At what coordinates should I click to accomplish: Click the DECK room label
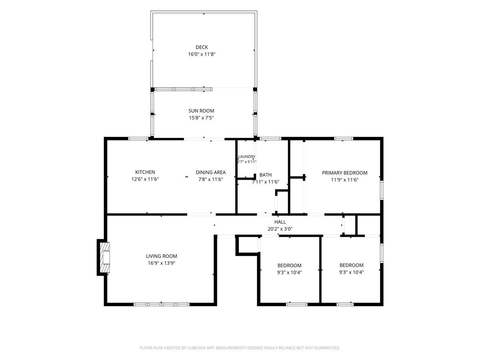202,47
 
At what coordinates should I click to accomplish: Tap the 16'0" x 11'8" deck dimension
202,54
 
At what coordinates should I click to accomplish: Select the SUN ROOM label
201,111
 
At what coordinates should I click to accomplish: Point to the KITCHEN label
145,172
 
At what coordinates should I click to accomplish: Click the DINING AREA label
210,172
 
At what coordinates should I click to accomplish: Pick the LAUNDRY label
247,156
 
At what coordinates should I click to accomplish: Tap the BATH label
266,175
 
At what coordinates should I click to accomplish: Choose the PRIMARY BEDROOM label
345,173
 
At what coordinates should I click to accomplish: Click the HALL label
280,222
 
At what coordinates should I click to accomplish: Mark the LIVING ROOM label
161,256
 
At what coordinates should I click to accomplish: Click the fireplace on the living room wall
104,258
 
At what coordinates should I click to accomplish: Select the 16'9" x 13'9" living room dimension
161,263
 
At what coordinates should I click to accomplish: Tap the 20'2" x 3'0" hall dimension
280,229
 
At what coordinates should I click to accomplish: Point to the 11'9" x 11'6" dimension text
345,180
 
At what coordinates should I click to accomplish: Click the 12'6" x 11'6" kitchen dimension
145,179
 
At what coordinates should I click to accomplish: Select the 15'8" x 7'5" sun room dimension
201,118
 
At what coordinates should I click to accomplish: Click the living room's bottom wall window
162,304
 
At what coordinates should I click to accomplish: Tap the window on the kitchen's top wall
138,138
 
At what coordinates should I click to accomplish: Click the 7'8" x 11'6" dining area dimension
210,180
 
